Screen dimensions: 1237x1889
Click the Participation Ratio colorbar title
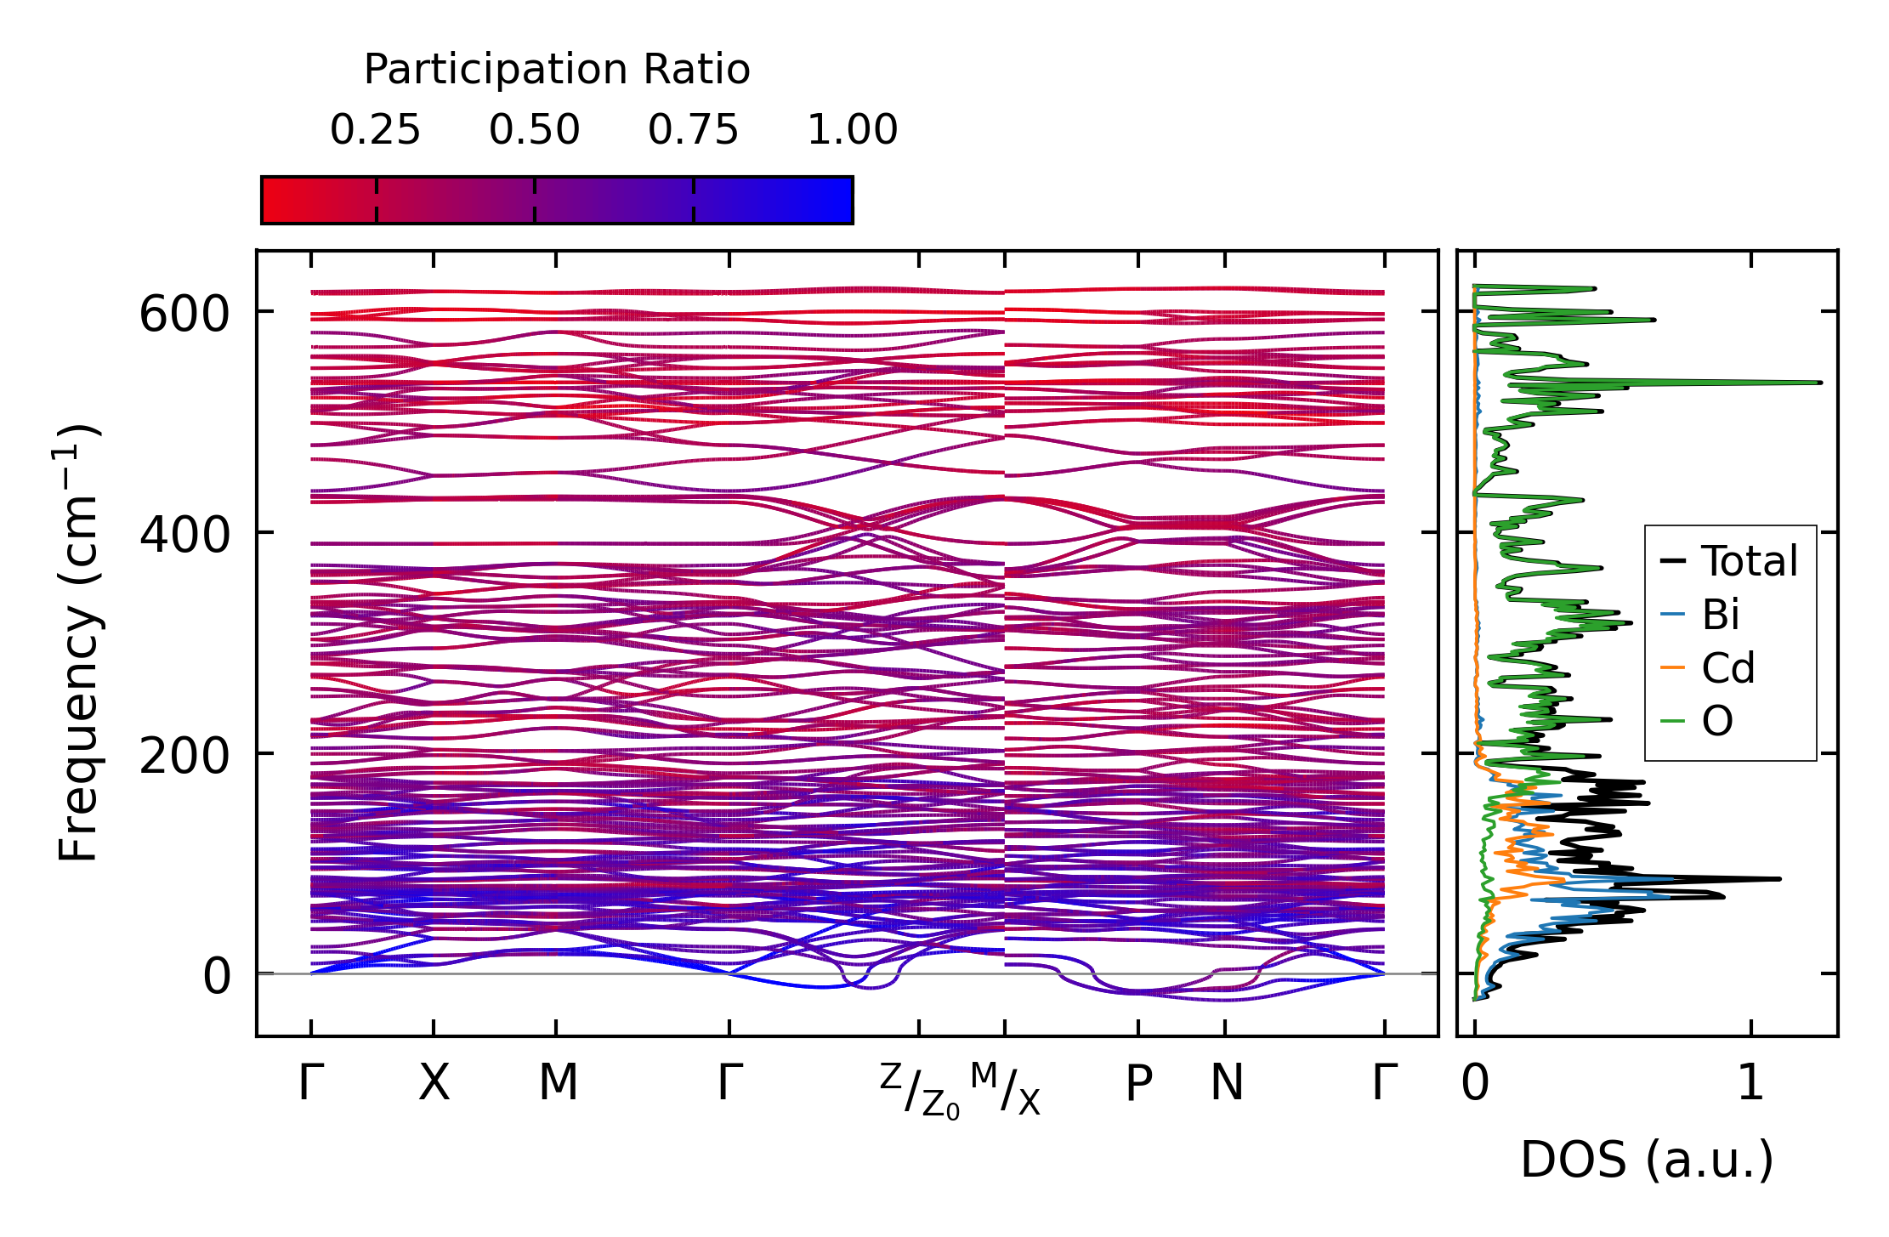pos(557,70)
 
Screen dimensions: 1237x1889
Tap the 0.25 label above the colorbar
pos(375,131)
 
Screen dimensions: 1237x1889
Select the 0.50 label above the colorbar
pos(534,131)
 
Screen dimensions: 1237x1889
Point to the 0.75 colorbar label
pos(693,131)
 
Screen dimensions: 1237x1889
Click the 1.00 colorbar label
pos(852,131)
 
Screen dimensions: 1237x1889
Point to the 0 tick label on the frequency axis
pos(216,977)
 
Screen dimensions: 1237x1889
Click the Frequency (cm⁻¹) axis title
pos(78,643)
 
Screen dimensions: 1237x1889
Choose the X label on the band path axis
pos(434,1084)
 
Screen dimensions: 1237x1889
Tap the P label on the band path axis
pos(1138,1084)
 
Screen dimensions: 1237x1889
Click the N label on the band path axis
pos(1226,1084)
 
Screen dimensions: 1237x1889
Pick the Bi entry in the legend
pos(1720,615)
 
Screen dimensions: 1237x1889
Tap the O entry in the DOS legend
pos(1716,722)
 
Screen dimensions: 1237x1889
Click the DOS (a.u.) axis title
pos(1647,1160)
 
